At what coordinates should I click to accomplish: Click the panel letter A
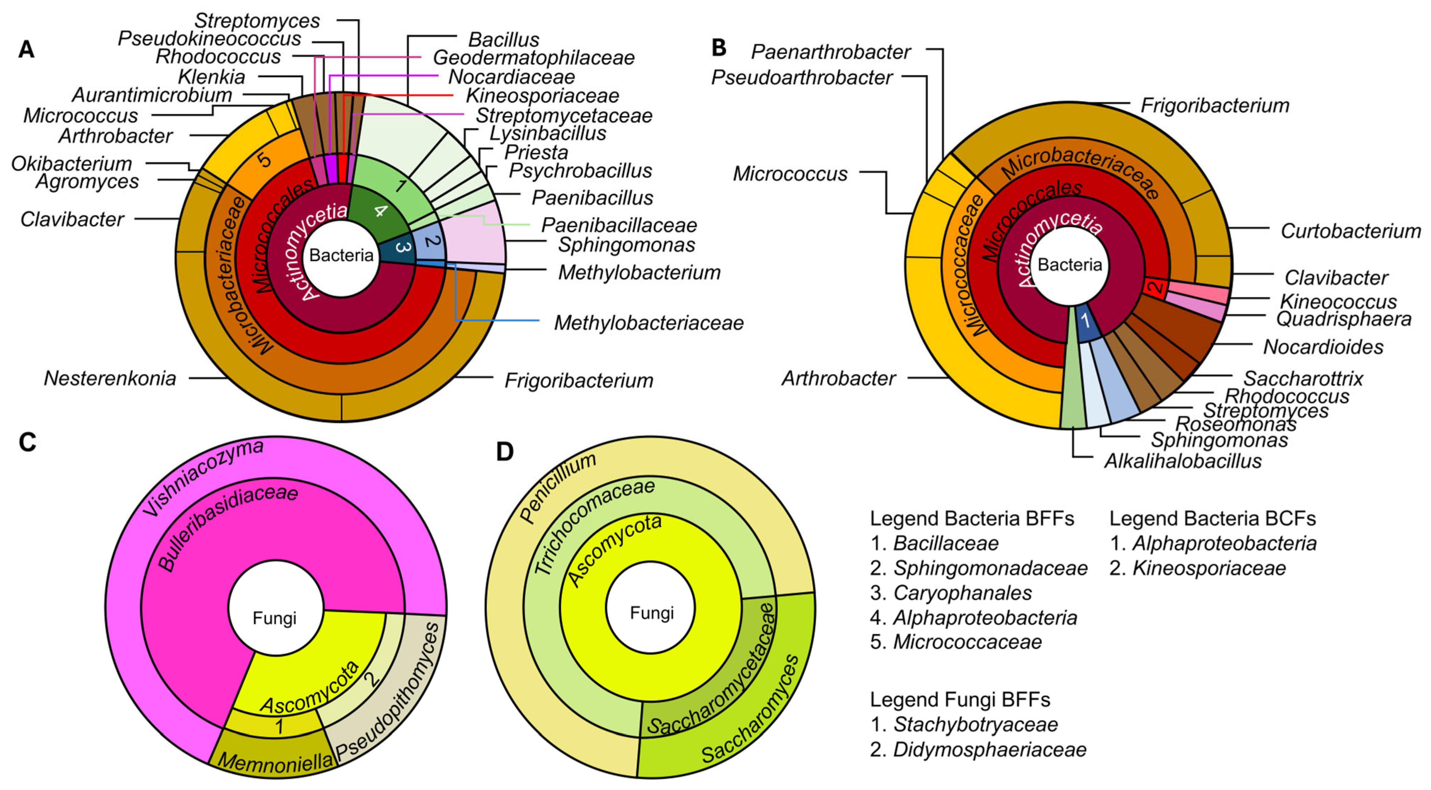click(26, 50)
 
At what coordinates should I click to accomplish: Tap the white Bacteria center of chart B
click(1069, 265)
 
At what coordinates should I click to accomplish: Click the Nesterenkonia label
click(110, 378)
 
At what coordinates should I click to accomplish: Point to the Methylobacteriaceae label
click(648, 323)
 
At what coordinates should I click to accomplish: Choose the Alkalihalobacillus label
click(1183, 461)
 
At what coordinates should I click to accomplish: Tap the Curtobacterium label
click(1350, 231)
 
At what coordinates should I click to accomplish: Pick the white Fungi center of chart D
click(651, 613)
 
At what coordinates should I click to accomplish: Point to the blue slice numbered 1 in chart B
click(1086, 322)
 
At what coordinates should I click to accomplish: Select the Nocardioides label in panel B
click(1323, 347)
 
